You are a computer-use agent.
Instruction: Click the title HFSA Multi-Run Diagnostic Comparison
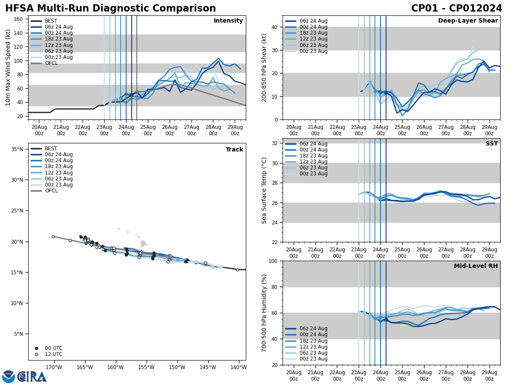(110, 9)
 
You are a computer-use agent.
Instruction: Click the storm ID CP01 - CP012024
(457, 9)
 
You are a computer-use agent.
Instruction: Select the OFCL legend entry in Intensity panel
(51, 63)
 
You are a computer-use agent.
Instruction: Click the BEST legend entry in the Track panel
(51, 148)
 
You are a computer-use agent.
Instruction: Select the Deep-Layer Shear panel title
(468, 21)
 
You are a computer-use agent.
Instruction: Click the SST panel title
(491, 144)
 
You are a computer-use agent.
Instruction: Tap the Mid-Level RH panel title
(476, 266)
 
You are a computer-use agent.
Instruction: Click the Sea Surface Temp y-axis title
(264, 190)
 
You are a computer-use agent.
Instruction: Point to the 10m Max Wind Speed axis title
(8, 67)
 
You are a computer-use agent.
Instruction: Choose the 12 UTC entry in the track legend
(53, 354)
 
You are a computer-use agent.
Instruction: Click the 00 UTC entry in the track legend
(53, 348)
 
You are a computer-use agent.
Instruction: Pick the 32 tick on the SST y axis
(274, 143)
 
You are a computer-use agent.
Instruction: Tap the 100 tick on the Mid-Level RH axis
(273, 261)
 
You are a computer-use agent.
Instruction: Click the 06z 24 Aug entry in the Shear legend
(313, 21)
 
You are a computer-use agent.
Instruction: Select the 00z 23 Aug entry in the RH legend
(313, 359)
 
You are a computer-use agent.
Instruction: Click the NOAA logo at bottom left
(9, 376)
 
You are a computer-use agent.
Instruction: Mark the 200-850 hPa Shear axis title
(264, 67)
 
